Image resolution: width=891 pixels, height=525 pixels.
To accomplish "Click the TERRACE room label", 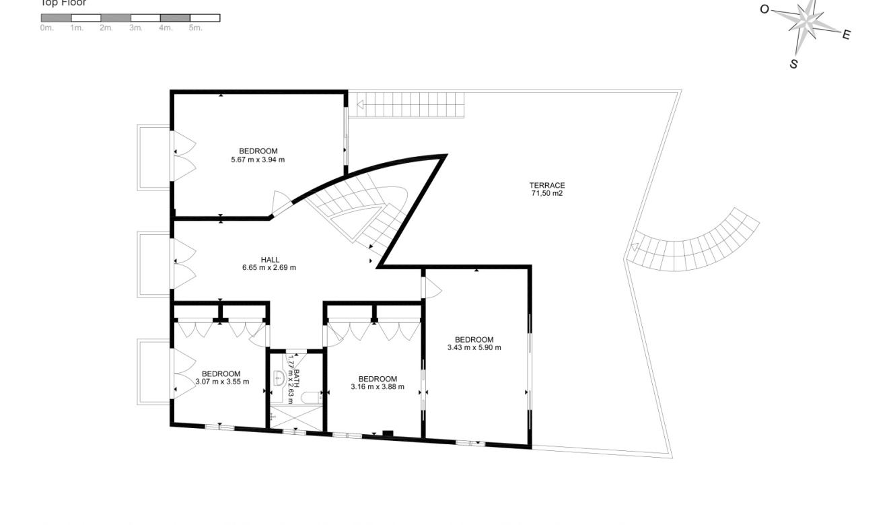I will click(546, 185).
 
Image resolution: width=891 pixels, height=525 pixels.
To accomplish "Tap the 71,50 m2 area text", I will click(546, 193).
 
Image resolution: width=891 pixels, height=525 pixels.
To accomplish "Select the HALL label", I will click(270, 260).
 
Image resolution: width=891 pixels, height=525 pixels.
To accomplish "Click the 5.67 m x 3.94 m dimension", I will click(258, 160).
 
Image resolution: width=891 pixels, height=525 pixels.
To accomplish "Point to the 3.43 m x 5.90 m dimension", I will click(474, 348).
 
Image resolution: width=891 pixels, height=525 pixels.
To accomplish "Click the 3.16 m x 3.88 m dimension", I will click(378, 387).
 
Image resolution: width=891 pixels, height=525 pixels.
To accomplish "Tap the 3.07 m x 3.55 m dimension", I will click(222, 382).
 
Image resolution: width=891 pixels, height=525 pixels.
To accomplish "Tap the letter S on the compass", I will click(793, 65).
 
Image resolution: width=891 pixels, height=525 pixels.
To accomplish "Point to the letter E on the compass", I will click(847, 35).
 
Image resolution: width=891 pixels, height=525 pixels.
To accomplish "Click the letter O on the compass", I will click(764, 9).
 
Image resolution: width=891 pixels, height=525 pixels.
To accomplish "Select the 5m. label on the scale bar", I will click(195, 28).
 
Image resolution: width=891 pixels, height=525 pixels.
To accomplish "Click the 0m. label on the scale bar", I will click(46, 28).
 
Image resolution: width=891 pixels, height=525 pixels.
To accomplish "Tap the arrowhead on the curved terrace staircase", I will click(633, 247).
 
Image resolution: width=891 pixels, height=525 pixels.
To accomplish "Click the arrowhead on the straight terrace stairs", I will click(361, 104).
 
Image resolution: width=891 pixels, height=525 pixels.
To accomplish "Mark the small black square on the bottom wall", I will click(387, 433).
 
